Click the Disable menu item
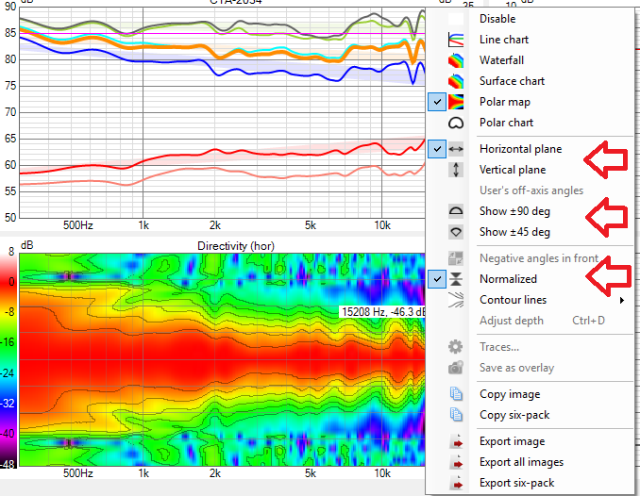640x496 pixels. click(497, 19)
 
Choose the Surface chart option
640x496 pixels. click(512, 81)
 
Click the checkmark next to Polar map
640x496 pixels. click(437, 102)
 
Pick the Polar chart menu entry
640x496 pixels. click(506, 123)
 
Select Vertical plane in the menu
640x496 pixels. click(512, 170)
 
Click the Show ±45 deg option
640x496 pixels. click(514, 232)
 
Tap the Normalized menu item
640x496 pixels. click(508, 279)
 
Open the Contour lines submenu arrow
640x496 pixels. click(621, 300)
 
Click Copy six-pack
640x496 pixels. click(514, 415)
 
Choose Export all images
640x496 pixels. click(521, 462)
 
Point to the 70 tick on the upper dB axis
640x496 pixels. click(9, 112)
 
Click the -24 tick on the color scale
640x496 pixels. click(8, 372)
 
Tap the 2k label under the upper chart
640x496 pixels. click(214, 226)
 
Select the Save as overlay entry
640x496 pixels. click(516, 368)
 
